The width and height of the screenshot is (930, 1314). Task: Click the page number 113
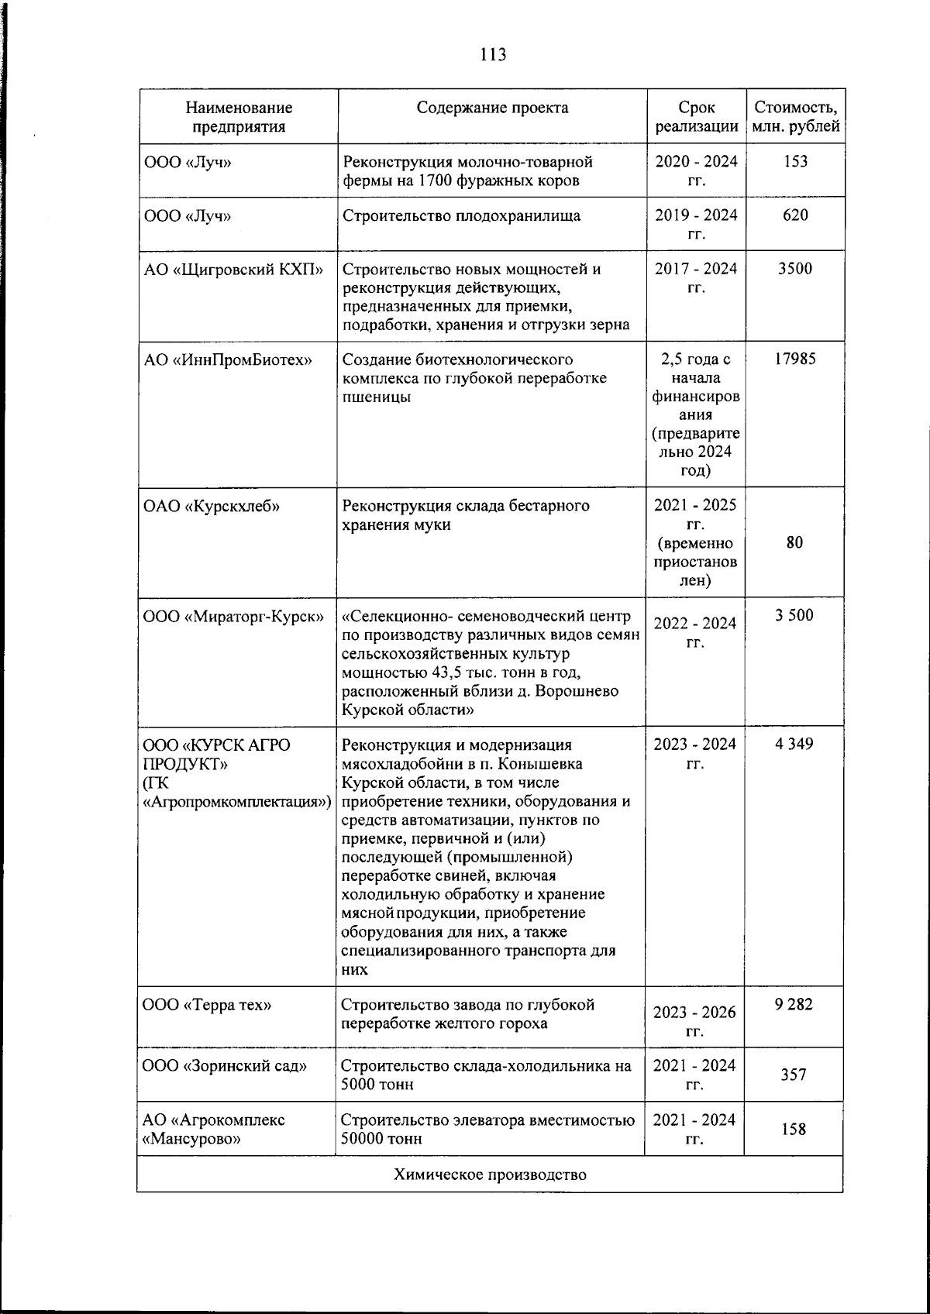pyautogui.click(x=493, y=54)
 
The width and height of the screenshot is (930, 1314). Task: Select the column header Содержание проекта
pyautogui.click(x=492, y=108)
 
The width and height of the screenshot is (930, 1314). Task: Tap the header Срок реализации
pyautogui.click(x=696, y=117)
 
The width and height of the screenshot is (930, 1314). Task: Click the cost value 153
pyautogui.click(x=795, y=161)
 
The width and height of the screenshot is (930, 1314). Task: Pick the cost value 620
pyautogui.click(x=795, y=215)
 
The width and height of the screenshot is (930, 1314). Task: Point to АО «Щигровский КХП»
pyautogui.click(x=233, y=270)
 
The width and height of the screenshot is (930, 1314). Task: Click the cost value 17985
pyautogui.click(x=795, y=359)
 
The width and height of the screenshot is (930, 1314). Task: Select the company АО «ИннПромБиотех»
pyautogui.click(x=228, y=359)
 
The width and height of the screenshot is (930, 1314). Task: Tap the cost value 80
pyautogui.click(x=794, y=542)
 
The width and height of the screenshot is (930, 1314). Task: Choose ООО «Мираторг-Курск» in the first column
pyautogui.click(x=233, y=617)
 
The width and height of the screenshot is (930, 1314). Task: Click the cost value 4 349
pyautogui.click(x=794, y=745)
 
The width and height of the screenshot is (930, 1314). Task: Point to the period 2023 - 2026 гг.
pyautogui.click(x=695, y=1021)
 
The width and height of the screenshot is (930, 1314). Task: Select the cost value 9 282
pyautogui.click(x=794, y=1005)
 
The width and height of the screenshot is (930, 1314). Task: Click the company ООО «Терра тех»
pyautogui.click(x=207, y=1006)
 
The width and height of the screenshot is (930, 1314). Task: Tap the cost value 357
pyautogui.click(x=794, y=1075)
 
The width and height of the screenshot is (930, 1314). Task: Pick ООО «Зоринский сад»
pyautogui.click(x=225, y=1066)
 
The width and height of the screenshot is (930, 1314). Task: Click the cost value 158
pyautogui.click(x=794, y=1129)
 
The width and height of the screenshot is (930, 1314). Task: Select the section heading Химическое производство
pyautogui.click(x=490, y=1175)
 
